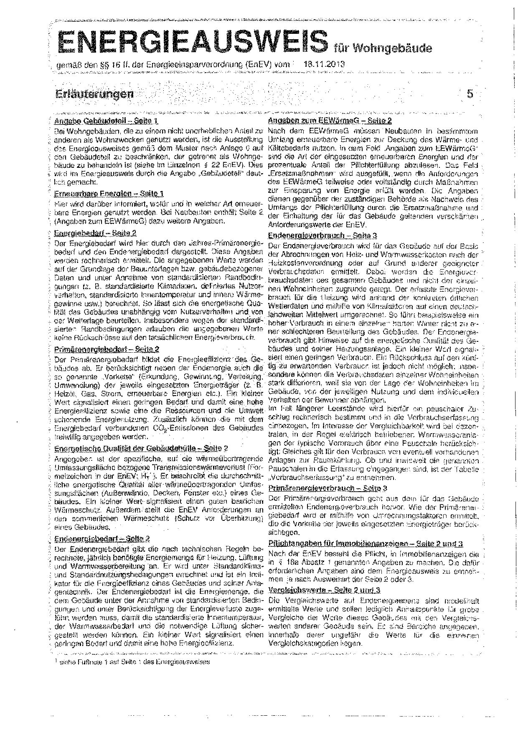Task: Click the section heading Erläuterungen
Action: point(94,93)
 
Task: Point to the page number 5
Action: point(470,93)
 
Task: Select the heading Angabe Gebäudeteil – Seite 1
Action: point(106,121)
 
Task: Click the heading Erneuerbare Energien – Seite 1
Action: point(109,194)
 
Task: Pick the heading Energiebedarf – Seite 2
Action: point(95,233)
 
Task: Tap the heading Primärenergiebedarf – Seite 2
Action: point(107,349)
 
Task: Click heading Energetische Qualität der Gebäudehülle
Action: point(141,448)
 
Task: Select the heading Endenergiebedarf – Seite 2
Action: point(102,539)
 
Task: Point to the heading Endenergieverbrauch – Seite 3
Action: point(322,235)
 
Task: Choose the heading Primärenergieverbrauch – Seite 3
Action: point(328,488)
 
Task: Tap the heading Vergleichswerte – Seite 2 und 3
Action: point(325,590)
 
